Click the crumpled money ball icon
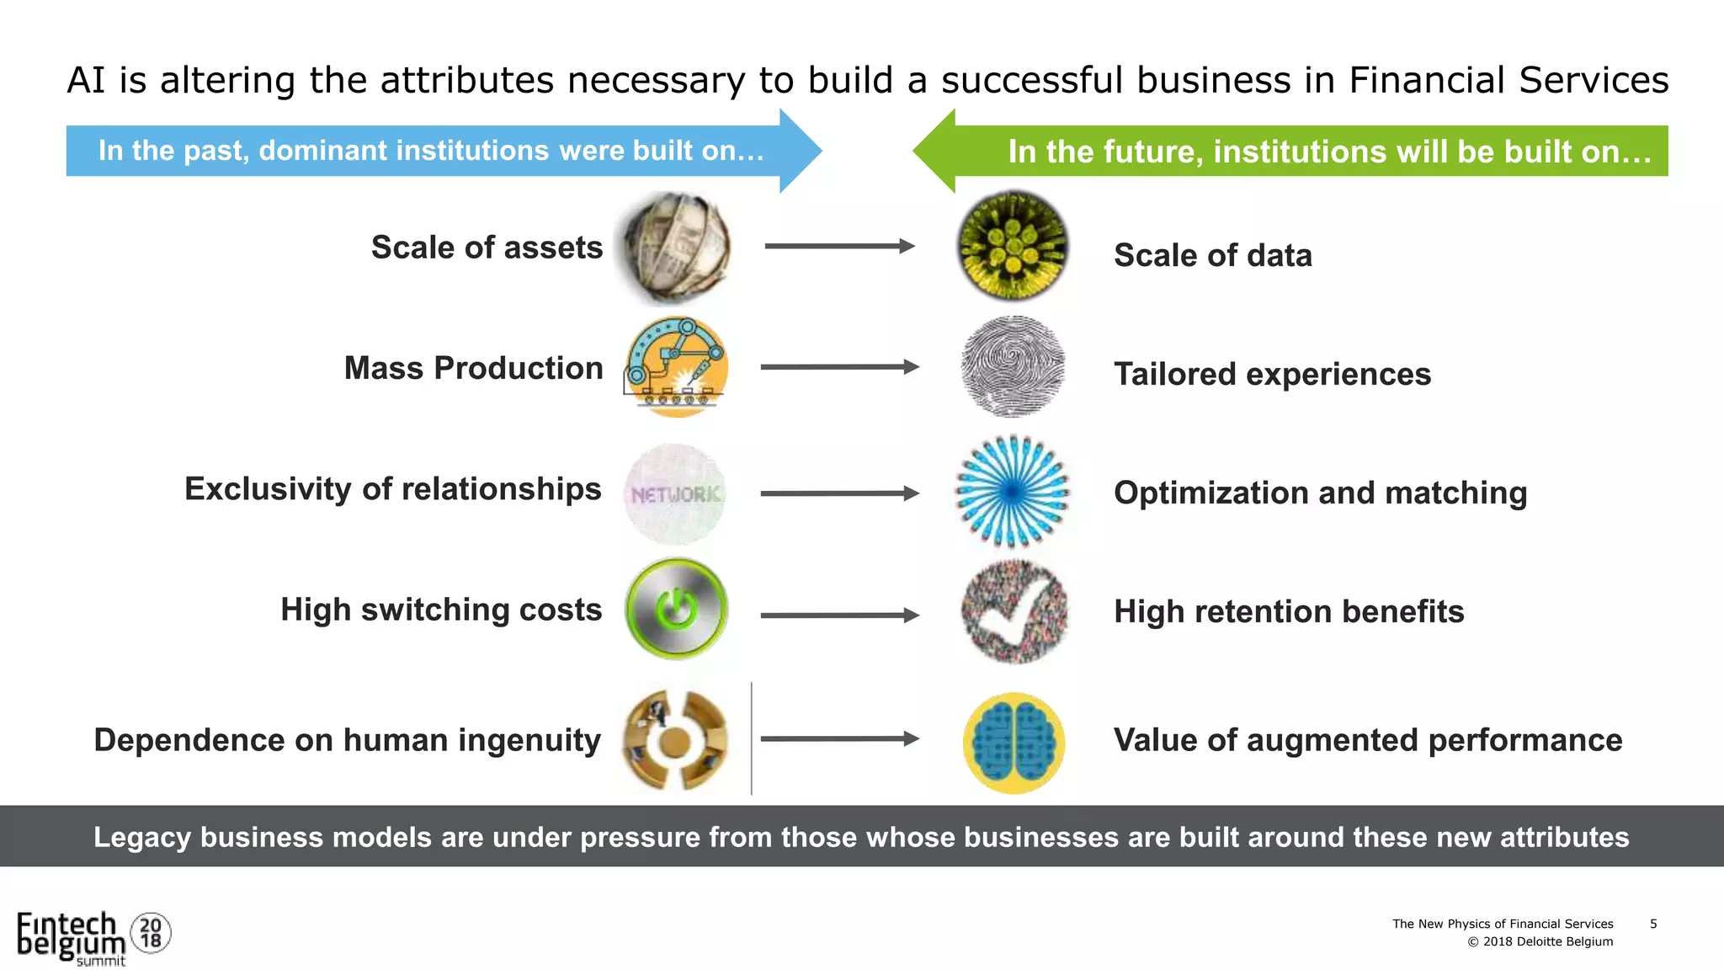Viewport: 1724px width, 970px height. pos(675,248)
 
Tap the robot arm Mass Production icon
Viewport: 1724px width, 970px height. pos(676,367)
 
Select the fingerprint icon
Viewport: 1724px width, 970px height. pos(1013,366)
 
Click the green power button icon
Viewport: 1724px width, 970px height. pos(676,609)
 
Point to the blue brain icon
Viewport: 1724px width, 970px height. pos(1014,743)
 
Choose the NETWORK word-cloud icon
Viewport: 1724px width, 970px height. pos(675,494)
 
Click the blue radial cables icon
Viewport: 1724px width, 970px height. pos(1013,492)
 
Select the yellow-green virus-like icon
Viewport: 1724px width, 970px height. pos(1014,246)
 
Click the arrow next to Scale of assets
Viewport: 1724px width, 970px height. pos(839,247)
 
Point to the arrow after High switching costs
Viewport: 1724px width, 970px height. pos(839,616)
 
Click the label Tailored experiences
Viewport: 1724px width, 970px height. pos(1272,374)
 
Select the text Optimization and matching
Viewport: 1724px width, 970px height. pos(1320,493)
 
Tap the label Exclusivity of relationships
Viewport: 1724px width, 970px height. pos(393,488)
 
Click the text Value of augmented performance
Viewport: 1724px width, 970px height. pos(1368,740)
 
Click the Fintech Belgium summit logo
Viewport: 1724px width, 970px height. pos(93,937)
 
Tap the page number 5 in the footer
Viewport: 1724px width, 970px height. pos(1653,924)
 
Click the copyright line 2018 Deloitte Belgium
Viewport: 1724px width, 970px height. pos(1540,941)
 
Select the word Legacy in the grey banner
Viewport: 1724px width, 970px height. pos(142,837)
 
